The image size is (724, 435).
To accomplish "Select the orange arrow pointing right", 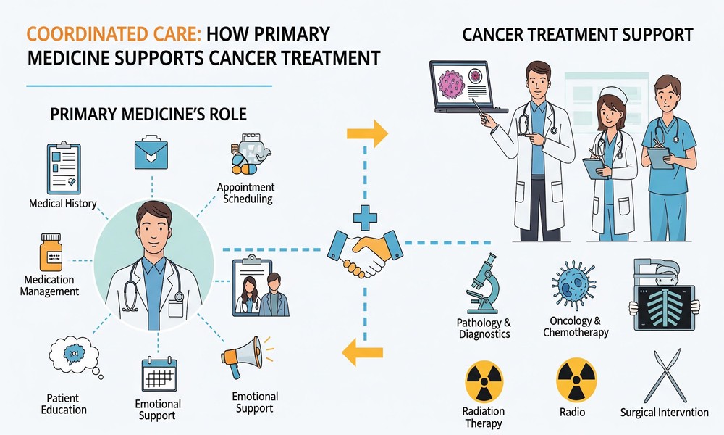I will point(366,133).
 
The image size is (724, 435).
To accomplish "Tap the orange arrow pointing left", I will point(362,352).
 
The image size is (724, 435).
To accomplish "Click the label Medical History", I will point(62,204).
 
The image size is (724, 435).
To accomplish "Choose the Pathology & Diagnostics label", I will point(484,328).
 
